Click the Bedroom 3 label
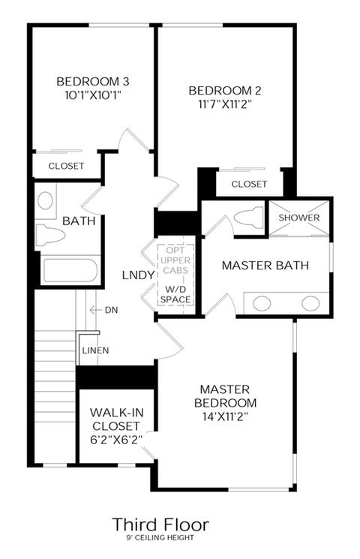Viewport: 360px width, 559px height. coord(93,81)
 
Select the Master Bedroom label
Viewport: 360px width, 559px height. coord(225,395)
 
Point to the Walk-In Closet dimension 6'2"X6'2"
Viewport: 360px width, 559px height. coord(116,440)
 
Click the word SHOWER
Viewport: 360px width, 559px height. coord(299,218)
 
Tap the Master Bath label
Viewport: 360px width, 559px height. coord(265,265)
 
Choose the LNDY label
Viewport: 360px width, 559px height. coord(138,275)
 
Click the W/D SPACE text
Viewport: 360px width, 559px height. coord(175,294)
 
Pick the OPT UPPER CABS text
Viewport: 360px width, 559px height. coord(175,260)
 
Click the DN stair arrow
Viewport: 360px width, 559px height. coord(95,310)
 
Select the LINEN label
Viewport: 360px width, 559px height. coord(95,350)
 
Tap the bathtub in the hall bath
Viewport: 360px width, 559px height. coord(70,271)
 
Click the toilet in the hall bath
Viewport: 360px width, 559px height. coord(50,235)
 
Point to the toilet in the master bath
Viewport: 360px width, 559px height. coord(250,217)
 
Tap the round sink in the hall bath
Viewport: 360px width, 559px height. coord(45,200)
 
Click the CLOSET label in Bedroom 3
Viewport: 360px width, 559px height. coord(66,166)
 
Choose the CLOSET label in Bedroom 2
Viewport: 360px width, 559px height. coord(249,184)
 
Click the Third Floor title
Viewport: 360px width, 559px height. coord(160,524)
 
